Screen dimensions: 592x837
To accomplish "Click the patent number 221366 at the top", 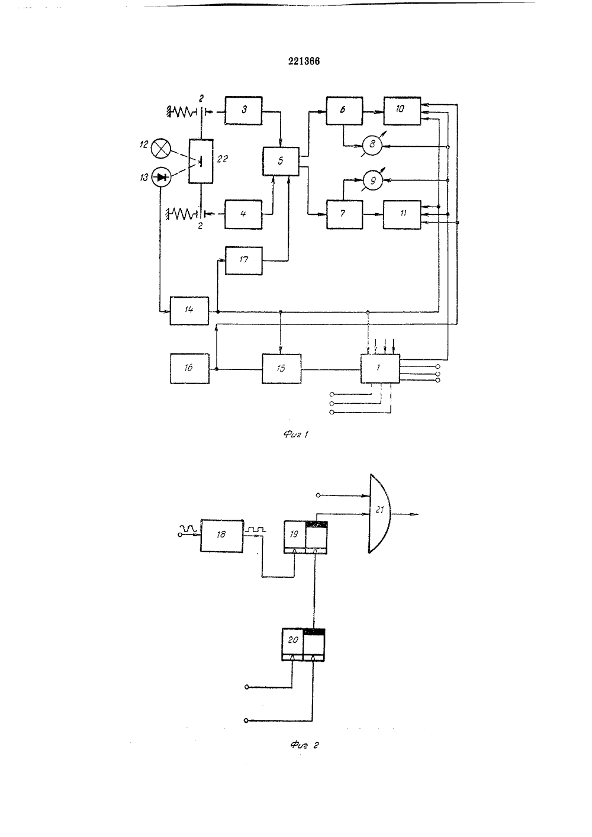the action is [304, 61].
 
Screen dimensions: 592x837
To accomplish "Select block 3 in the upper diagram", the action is [243, 110].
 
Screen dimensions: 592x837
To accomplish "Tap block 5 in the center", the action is [281, 161].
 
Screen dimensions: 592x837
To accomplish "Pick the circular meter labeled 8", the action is [372, 144].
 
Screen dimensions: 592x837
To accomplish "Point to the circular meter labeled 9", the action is [373, 181].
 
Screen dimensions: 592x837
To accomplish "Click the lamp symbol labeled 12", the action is [160, 149].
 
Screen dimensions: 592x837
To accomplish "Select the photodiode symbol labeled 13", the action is [162, 177].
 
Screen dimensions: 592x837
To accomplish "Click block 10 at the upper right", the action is [402, 111].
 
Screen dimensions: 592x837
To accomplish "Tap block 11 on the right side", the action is [402, 214].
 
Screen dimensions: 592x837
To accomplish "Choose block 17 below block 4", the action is [244, 260].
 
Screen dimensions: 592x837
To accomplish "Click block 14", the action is [189, 311].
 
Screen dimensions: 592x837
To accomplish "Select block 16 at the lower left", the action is [189, 368].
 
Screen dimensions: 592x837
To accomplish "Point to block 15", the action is [281, 368].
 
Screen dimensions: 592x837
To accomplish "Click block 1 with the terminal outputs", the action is [380, 368].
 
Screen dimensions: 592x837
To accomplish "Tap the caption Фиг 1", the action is [296, 434].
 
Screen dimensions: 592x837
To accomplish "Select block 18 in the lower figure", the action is [221, 536].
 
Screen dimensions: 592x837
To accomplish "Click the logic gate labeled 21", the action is [379, 513].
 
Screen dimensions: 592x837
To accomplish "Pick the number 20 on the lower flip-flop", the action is [292, 640].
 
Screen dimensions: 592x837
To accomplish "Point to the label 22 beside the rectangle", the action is [223, 159].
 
